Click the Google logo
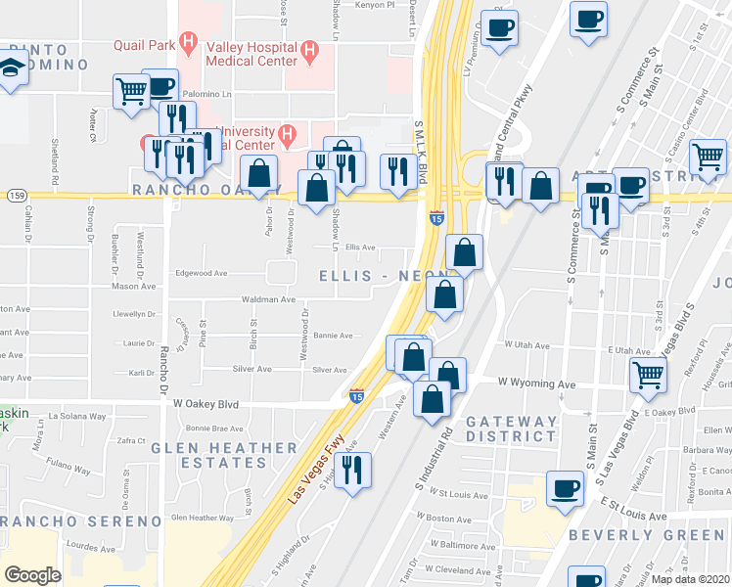pyautogui.click(x=32, y=575)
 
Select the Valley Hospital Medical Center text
pyautogui.click(x=250, y=53)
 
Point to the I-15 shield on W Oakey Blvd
pyautogui.click(x=357, y=396)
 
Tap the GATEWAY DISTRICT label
pyautogui.click(x=511, y=429)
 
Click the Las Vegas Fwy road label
pyautogui.click(x=318, y=468)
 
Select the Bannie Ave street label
pyautogui.click(x=332, y=336)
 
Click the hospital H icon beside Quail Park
pyautogui.click(x=189, y=43)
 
